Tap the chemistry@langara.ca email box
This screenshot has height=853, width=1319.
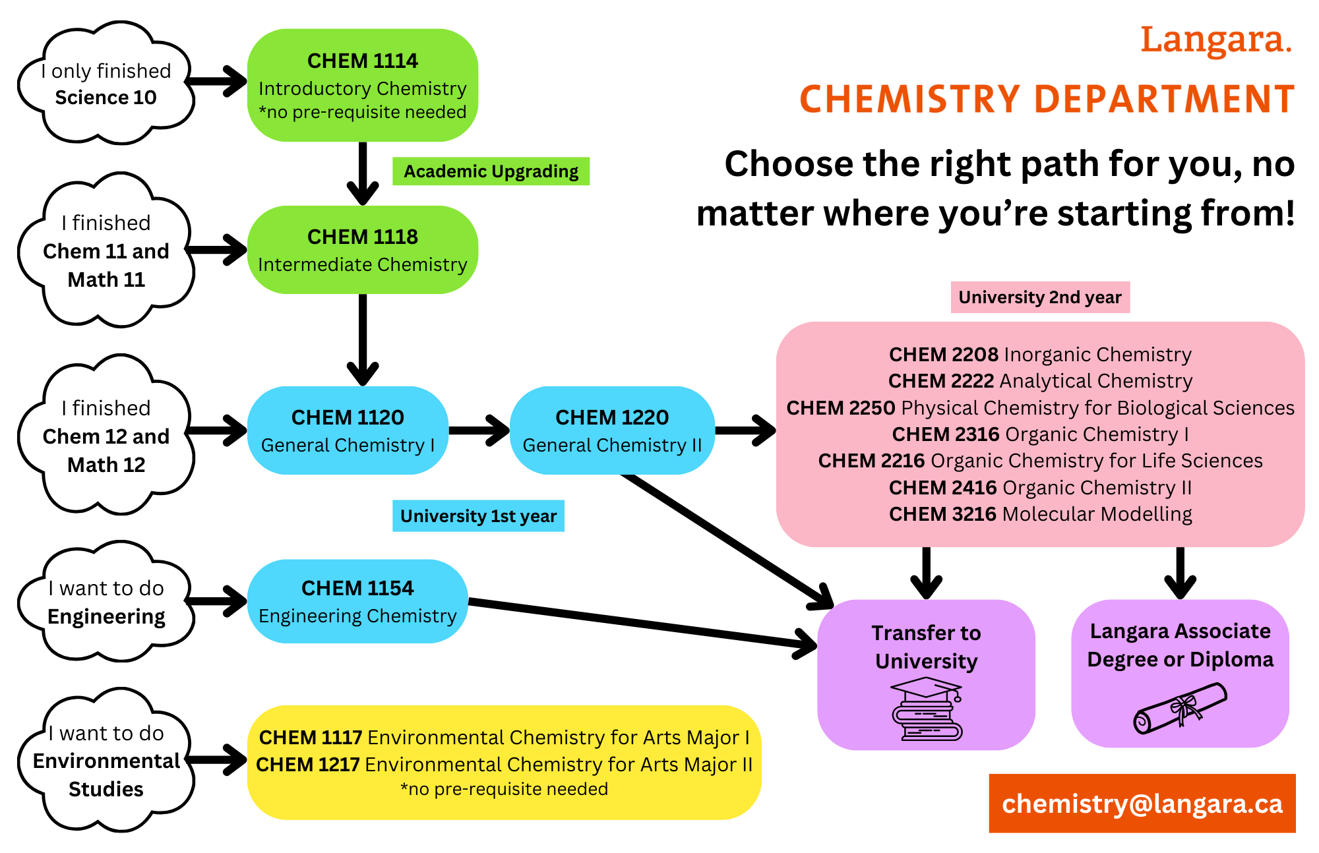click(1142, 804)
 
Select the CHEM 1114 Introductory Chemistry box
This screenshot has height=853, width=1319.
click(363, 86)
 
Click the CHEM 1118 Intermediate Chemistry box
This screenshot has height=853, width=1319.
click(363, 250)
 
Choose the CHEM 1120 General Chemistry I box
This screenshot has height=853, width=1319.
click(348, 430)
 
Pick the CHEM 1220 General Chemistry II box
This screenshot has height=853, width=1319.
click(612, 430)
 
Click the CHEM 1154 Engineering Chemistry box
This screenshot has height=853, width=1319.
click(357, 601)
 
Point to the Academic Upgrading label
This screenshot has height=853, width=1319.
click(491, 171)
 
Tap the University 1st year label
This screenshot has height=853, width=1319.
click(478, 515)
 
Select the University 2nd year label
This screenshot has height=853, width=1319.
click(1039, 297)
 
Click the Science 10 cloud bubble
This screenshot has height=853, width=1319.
click(106, 84)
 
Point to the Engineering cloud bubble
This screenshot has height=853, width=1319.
click(106, 602)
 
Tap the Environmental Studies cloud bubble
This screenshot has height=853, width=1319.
click(106, 761)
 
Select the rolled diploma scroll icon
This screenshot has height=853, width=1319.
click(1180, 709)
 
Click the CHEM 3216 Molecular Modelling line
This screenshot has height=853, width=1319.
click(1040, 514)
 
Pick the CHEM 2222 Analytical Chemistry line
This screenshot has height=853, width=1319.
click(1040, 381)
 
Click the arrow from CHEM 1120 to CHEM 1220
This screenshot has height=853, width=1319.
click(479, 430)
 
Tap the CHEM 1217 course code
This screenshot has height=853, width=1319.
click(308, 765)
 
